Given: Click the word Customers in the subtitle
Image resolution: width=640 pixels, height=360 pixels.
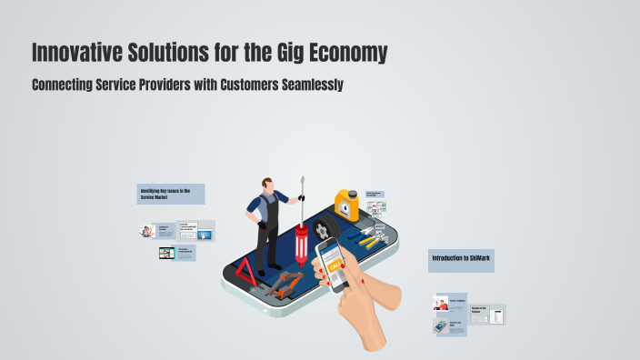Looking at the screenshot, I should (x=227, y=85).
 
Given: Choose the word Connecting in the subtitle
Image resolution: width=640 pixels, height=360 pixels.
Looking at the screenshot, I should (x=64, y=85).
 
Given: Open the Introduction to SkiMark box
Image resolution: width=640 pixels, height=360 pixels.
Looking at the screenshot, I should (x=461, y=259).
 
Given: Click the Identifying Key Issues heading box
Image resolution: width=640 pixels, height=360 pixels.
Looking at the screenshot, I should (x=170, y=194).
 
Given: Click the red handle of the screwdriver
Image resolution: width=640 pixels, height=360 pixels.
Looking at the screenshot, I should (x=301, y=245).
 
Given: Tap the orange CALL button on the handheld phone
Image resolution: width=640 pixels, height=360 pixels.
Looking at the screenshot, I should (x=335, y=265).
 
